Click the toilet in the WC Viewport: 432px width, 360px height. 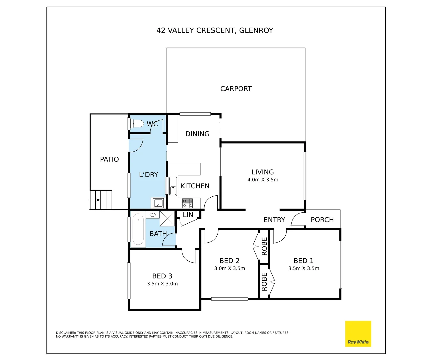tap(137, 124)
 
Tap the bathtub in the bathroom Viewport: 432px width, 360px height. tap(138, 229)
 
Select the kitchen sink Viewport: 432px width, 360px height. tap(173, 186)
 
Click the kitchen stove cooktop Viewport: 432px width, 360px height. tap(187, 203)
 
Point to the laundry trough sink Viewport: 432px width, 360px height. tap(158, 203)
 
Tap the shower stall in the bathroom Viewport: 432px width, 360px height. tap(167, 218)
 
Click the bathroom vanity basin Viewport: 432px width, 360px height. tap(153, 215)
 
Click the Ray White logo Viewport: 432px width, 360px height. tap(358, 334)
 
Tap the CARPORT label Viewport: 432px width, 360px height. tap(236, 89)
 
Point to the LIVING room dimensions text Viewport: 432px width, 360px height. tap(263, 180)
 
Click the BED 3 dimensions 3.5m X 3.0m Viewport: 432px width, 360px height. tap(162, 284)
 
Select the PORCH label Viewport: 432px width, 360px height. tap(322, 220)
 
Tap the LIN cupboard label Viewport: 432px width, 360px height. tap(188, 215)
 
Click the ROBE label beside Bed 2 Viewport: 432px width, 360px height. tap(264, 246)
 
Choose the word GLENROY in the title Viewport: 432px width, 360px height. tap(256, 30)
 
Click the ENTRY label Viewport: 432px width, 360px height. tap(274, 220)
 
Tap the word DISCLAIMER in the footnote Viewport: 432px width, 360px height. tap(66, 333)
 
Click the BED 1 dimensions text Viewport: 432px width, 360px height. tap(304, 268)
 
